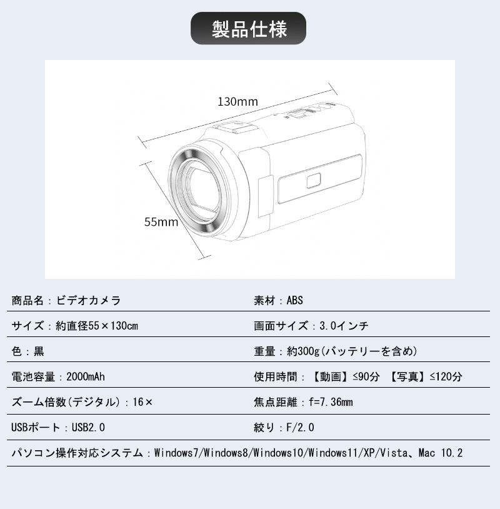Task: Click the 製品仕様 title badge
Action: click(248, 28)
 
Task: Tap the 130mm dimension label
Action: click(237, 101)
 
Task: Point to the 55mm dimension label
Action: click(161, 222)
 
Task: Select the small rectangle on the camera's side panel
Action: click(314, 181)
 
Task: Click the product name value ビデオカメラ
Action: click(89, 300)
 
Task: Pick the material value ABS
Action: click(294, 300)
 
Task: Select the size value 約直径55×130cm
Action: click(97, 326)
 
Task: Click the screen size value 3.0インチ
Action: click(344, 326)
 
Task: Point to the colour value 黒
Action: click(39, 351)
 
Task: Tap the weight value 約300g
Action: click(303, 351)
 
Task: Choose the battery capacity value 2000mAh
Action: click(86, 376)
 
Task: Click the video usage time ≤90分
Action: click(366, 376)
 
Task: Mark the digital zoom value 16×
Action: click(142, 402)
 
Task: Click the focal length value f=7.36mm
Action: click(331, 402)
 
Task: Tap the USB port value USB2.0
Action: click(88, 428)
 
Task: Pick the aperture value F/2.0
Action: click(300, 428)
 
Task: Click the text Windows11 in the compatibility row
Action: click(333, 453)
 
